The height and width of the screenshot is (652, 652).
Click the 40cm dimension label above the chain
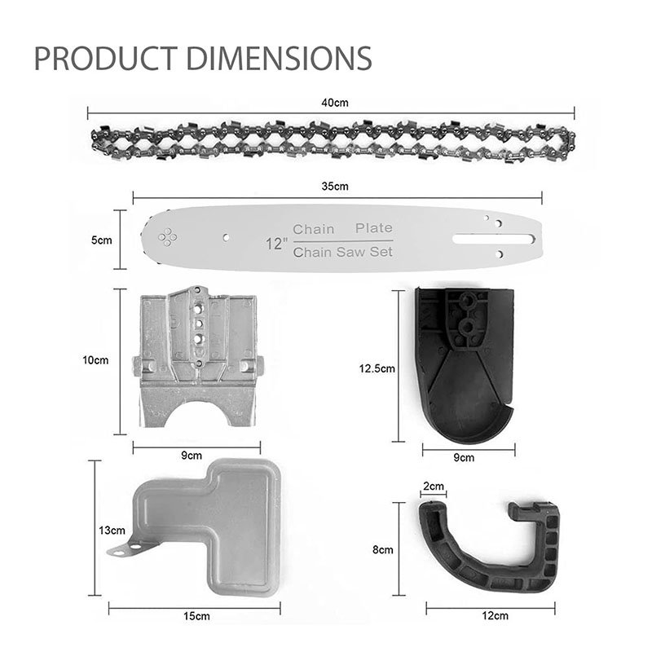(x=335, y=103)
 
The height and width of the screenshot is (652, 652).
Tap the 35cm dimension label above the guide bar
(x=335, y=187)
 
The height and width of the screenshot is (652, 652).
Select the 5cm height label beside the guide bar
(x=101, y=240)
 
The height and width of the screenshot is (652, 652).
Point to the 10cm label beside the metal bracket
(x=95, y=360)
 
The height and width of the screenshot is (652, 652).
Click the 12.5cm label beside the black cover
(x=377, y=368)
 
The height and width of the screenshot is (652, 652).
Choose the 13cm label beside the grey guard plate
(x=112, y=531)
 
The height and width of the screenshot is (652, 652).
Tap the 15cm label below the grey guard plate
(x=196, y=616)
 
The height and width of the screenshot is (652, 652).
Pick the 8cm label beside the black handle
(x=382, y=549)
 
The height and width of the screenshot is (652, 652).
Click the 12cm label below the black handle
(x=496, y=615)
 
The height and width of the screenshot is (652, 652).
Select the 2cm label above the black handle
(x=434, y=486)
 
